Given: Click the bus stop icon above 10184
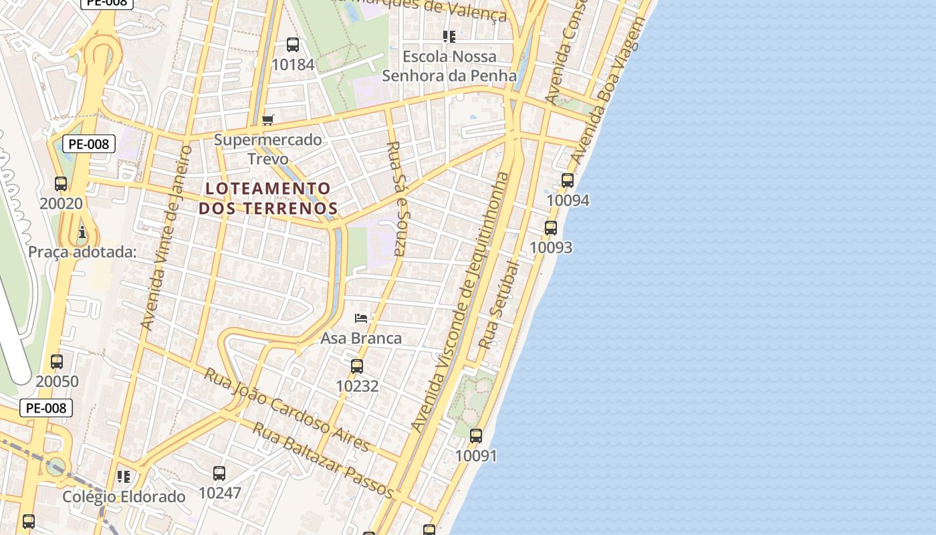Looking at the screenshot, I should (293, 45).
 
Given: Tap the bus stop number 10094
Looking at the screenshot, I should (568, 200).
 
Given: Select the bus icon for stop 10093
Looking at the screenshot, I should (551, 228).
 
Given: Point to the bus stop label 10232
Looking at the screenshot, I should (357, 386).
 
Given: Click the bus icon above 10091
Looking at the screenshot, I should (476, 436).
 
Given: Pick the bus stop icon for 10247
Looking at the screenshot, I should (219, 473).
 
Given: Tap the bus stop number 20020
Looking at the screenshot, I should (61, 203).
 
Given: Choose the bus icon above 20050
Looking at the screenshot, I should (57, 362).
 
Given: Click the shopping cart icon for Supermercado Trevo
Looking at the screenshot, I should (268, 120).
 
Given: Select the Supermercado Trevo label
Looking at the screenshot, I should (268, 149).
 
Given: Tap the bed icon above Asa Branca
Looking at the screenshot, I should (361, 318).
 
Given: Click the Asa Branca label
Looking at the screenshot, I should (361, 338).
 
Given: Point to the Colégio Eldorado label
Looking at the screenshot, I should (124, 497).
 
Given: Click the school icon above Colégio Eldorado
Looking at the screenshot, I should (123, 477).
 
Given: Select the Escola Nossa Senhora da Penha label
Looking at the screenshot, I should (449, 66).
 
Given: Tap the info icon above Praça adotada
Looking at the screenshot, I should (82, 233).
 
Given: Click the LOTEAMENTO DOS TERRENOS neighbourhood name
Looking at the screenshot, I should (267, 198).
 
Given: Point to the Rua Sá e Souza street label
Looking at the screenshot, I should (397, 199).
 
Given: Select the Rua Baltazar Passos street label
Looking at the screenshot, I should (322, 459).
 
